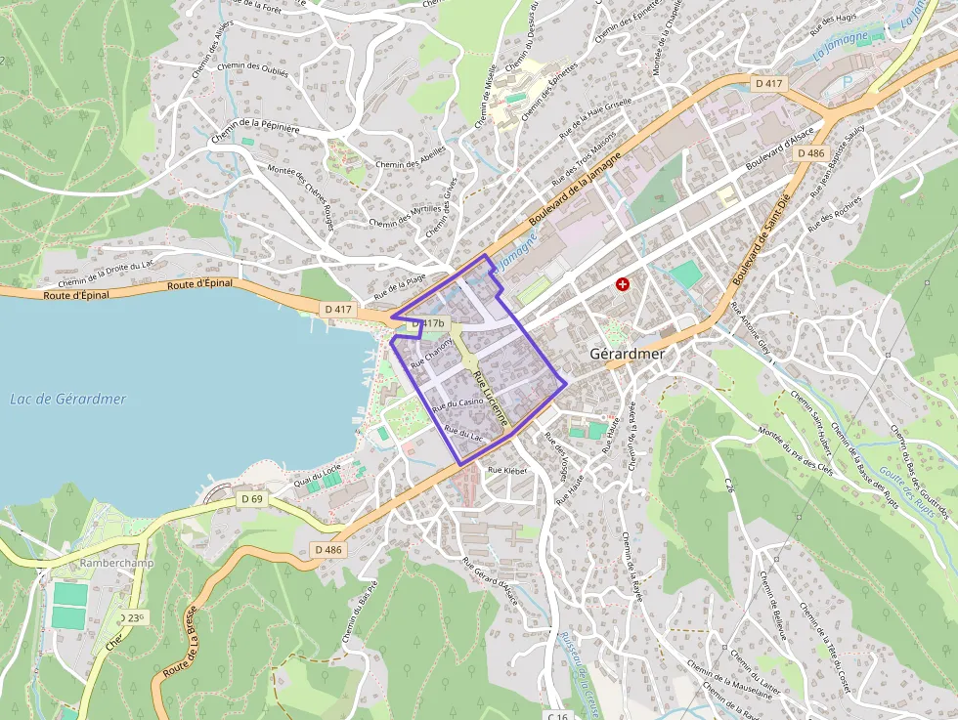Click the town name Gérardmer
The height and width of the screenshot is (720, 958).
[x=627, y=354]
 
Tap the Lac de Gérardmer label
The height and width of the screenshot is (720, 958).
[x=68, y=399]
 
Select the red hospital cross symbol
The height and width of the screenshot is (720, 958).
[x=622, y=283]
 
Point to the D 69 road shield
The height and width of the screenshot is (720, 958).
[x=251, y=498]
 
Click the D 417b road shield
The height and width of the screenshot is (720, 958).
[x=428, y=323]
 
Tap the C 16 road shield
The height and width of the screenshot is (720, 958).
[x=558, y=715]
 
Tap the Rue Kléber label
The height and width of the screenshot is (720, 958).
[x=507, y=470]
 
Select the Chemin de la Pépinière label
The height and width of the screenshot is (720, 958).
[x=255, y=125]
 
